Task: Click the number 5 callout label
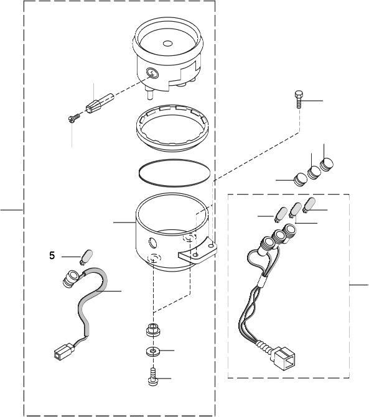pyautogui.click(x=52, y=255)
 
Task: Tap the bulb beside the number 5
pyautogui.click(x=86, y=255)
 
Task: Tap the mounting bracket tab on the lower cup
pyautogui.click(x=197, y=252)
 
